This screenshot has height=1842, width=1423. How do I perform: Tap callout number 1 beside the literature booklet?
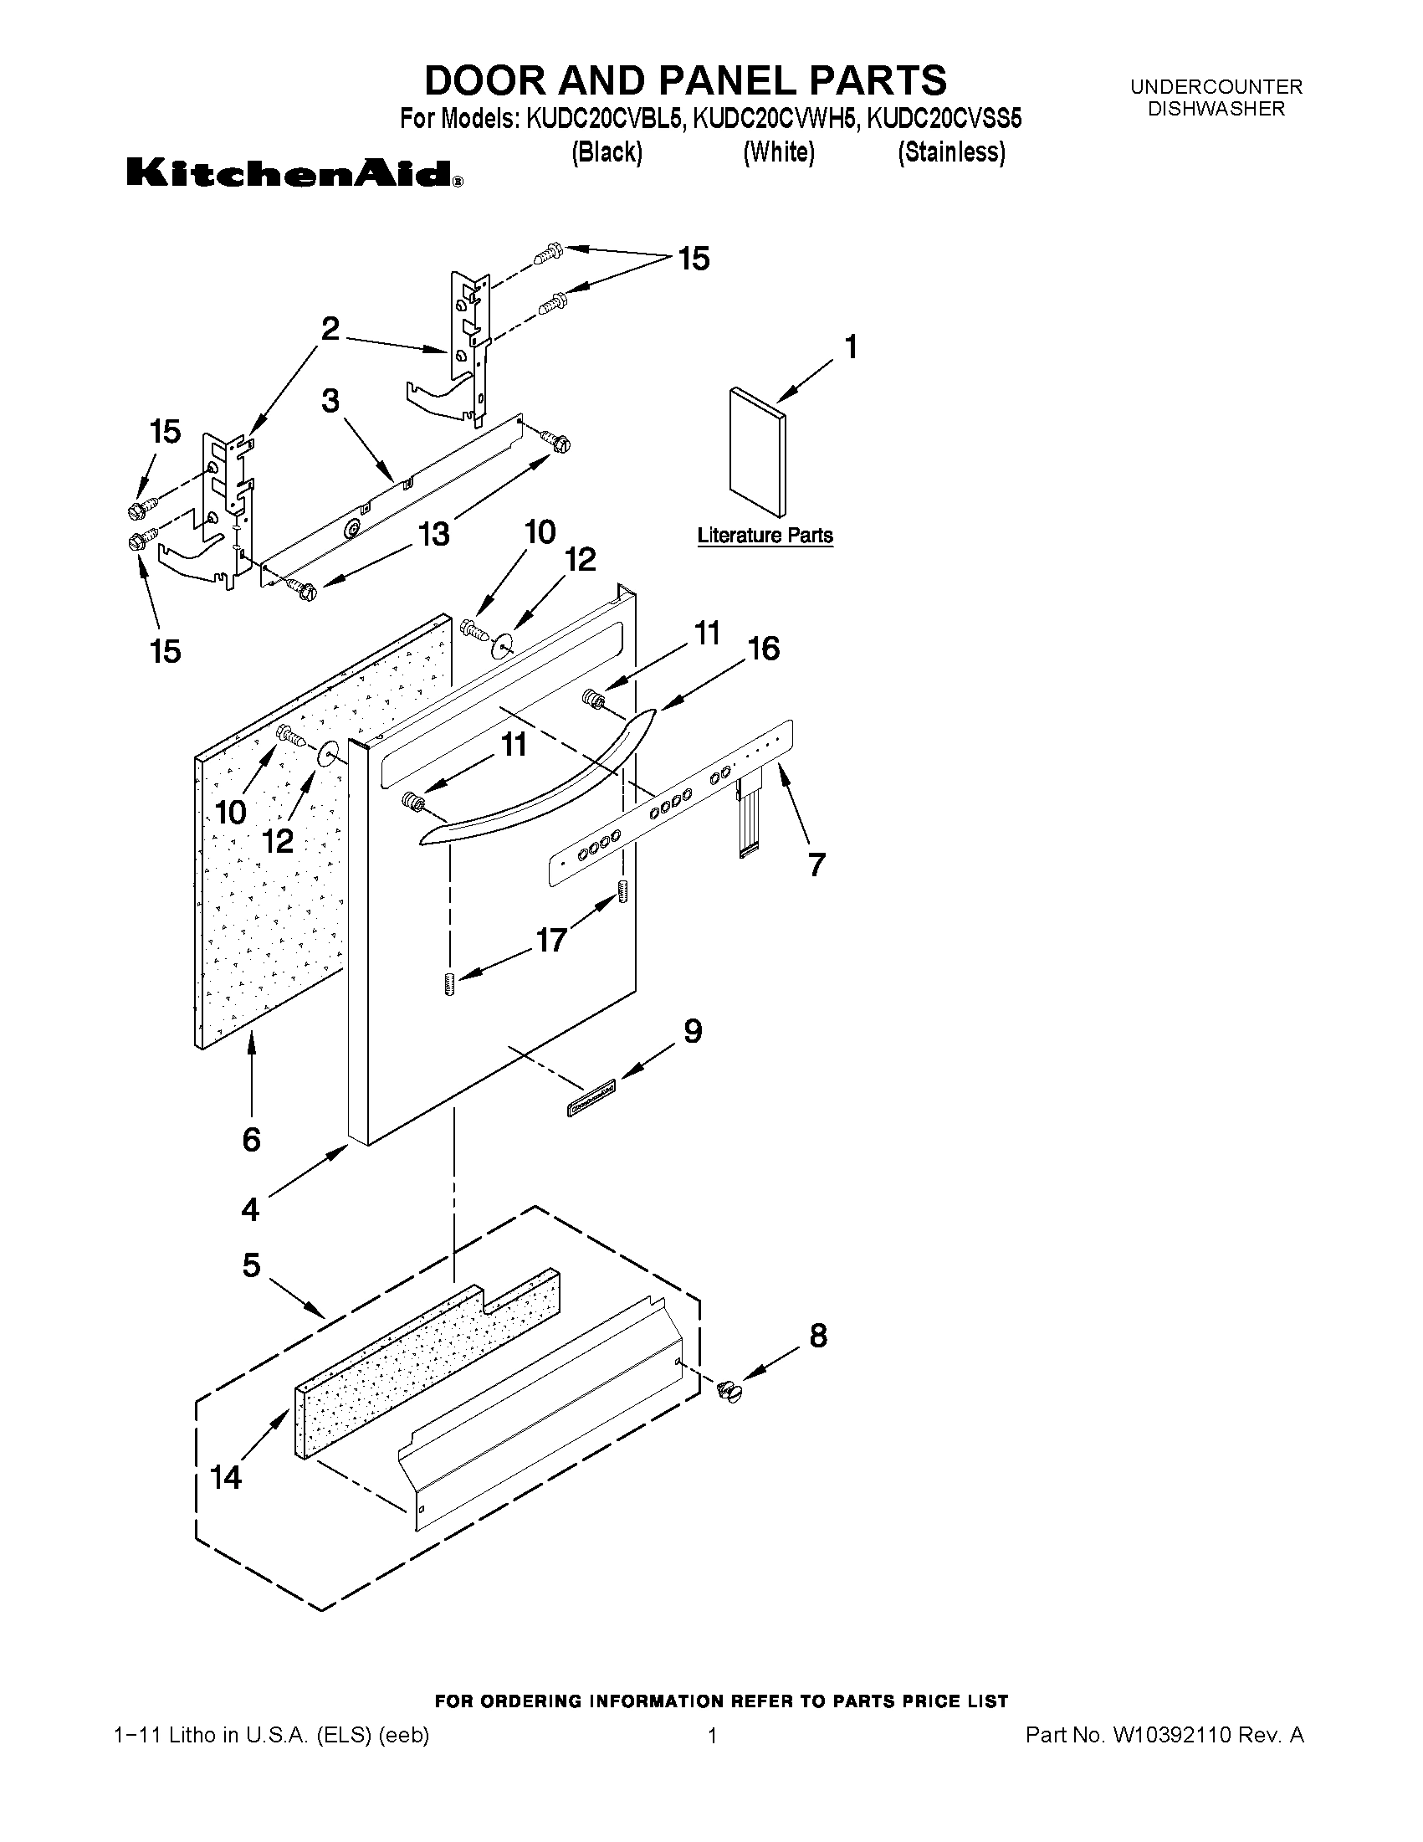(x=851, y=346)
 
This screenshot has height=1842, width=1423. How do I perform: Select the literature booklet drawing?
(x=757, y=451)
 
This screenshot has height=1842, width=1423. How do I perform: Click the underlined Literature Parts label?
(x=765, y=536)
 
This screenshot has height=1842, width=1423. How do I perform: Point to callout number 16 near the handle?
(x=763, y=649)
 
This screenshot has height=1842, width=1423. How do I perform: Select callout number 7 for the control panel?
(x=816, y=865)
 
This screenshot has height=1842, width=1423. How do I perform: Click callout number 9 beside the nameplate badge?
(x=692, y=1031)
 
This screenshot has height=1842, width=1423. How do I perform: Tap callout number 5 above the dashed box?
(x=251, y=1265)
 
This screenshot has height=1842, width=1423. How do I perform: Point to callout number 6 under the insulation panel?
(x=251, y=1141)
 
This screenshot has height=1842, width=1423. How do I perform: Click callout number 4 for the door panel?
(x=250, y=1209)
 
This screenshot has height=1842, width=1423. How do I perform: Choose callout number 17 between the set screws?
(x=551, y=940)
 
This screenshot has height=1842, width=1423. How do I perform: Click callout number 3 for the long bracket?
(x=330, y=401)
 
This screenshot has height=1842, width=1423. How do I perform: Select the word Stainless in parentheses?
(x=951, y=152)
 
